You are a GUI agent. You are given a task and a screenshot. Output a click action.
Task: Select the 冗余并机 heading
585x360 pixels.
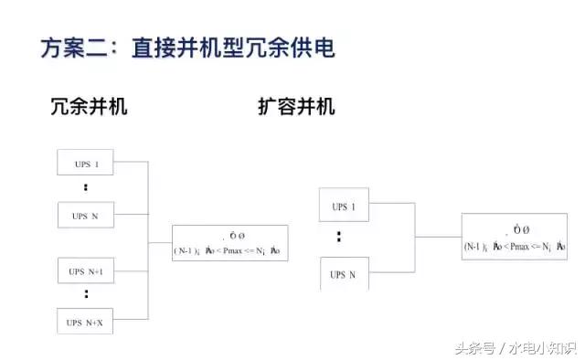[x=89, y=106]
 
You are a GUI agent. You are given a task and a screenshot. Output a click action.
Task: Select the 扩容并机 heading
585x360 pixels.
[x=297, y=106]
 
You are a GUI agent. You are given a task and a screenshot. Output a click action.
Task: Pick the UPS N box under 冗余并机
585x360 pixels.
[x=86, y=216]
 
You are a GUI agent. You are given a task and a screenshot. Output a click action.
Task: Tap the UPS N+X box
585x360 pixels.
[x=86, y=322]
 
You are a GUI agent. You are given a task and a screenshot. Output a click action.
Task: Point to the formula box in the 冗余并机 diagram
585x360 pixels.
[x=229, y=242]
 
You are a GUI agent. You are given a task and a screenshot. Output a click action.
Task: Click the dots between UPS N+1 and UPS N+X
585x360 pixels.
[x=85, y=295]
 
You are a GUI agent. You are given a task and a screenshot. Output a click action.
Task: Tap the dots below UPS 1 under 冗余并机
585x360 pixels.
[x=85, y=188]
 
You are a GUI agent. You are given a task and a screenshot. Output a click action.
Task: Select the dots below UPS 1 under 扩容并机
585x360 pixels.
[x=339, y=237]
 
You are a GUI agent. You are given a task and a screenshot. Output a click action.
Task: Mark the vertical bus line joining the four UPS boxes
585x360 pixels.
[x=147, y=242]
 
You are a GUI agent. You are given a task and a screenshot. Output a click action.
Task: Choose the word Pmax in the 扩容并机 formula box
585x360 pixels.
[x=521, y=246]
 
